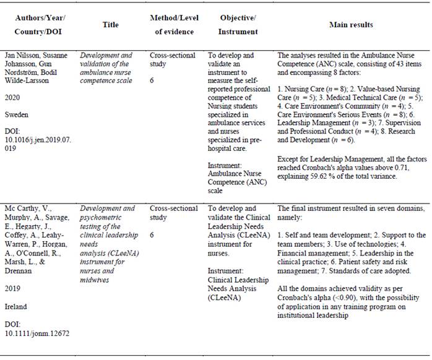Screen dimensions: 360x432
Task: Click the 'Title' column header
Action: pyautogui.click(x=110, y=24)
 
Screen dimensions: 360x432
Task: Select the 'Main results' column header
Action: pyautogui.click(x=351, y=25)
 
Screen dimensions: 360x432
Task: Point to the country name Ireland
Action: pyautogui.click(x=24, y=306)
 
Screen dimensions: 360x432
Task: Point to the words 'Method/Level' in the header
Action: pyautogui.click(x=171, y=17)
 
